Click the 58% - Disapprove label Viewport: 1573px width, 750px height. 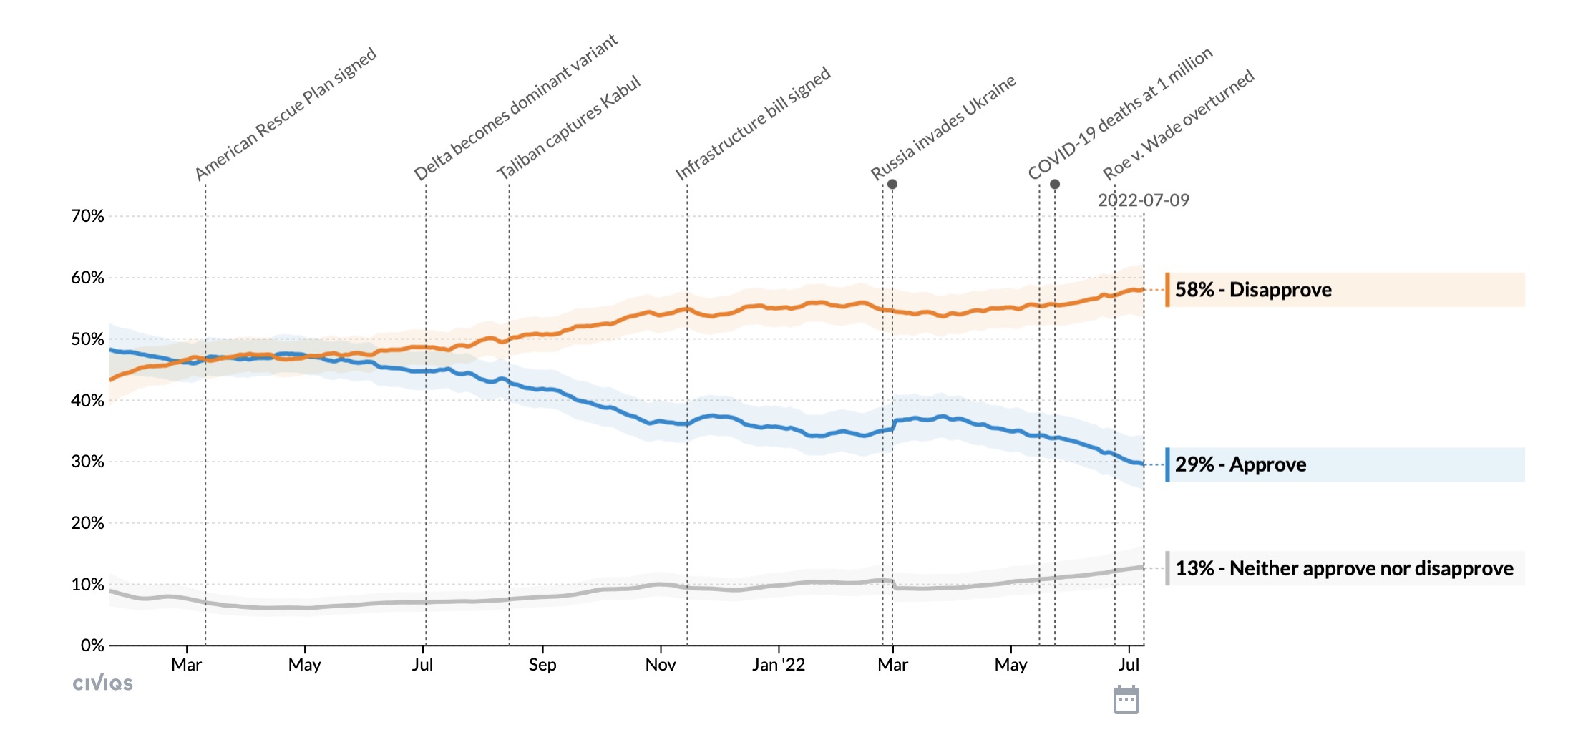pos(1252,290)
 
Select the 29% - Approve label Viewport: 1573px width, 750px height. pos(1240,465)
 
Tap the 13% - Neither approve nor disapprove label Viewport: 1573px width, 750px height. pos(1343,569)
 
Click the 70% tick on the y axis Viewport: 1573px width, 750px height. pos(87,216)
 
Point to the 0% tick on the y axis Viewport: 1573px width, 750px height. pos(92,646)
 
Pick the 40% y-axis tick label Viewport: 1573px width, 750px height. pos(87,401)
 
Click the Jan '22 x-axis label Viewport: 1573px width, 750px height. pos(778,665)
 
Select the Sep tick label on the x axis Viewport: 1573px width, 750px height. pos(542,665)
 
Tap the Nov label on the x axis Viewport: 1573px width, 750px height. pos(660,665)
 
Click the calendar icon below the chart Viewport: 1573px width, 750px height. pos(1126,699)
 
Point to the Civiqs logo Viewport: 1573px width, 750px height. pos(102,683)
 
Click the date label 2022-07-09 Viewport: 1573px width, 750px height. pos(1143,200)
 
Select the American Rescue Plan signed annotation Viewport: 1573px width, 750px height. pos(286,114)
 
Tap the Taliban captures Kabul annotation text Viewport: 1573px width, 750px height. pos(568,127)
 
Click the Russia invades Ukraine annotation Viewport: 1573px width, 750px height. pos(943,127)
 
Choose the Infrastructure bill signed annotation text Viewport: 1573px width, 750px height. pos(752,123)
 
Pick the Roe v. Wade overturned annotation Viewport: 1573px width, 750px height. pos(1178,125)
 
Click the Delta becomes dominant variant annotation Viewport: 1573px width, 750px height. pos(515,107)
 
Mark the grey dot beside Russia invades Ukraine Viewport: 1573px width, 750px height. pos(892,185)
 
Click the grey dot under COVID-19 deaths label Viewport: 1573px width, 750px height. pos(1055,185)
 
